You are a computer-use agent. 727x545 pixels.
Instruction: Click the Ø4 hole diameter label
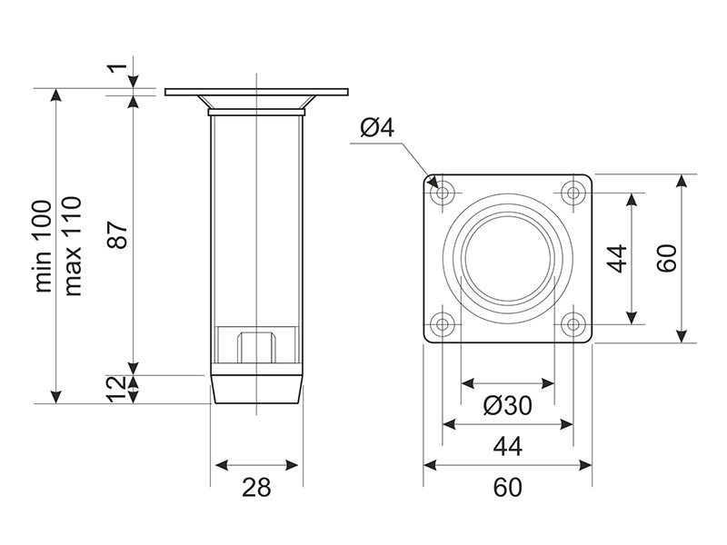[376, 128]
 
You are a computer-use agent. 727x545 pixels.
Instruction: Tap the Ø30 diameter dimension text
[508, 406]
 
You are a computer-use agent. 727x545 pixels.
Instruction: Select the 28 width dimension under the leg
[257, 488]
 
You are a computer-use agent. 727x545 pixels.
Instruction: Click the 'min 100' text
[44, 246]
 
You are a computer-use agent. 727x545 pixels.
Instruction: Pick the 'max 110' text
[74, 244]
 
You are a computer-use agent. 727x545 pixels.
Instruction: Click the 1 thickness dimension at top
[114, 69]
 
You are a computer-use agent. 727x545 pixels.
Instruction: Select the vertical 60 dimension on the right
[668, 258]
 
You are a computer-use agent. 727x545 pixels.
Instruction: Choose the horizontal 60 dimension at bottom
[508, 488]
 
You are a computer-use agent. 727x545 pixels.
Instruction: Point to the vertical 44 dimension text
[618, 258]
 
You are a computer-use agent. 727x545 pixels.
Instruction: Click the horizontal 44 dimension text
[508, 447]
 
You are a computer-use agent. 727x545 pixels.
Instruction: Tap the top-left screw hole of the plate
[443, 193]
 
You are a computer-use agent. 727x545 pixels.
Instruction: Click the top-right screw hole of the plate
[573, 193]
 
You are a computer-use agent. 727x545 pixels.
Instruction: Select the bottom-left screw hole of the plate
[443, 323]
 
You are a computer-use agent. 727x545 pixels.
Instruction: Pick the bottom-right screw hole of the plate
[573, 323]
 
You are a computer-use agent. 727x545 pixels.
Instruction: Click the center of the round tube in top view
[508, 258]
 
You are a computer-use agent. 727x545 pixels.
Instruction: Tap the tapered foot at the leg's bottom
[256, 389]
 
